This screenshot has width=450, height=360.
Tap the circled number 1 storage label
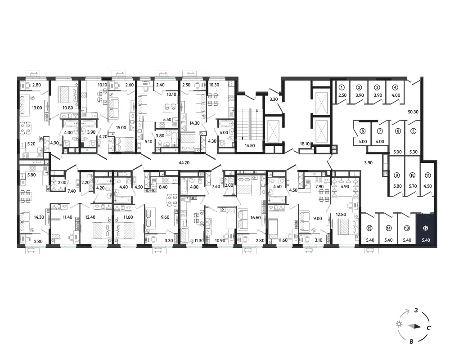point(342,88)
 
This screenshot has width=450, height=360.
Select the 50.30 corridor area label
point(413,112)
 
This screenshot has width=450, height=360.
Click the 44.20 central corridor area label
point(184,162)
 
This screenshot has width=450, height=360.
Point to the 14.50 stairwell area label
point(250,145)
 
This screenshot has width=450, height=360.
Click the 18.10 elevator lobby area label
point(305,144)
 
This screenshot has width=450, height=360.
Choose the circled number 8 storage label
point(363,131)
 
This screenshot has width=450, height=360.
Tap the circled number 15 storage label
point(369,228)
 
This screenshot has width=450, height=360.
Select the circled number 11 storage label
point(427,175)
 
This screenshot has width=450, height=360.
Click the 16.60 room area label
point(256,218)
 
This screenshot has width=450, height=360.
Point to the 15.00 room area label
point(121,127)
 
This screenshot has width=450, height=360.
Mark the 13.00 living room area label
point(37,108)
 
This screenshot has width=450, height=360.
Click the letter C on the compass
point(428,328)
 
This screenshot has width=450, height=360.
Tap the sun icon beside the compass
point(399,324)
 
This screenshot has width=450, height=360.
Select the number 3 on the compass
point(416,310)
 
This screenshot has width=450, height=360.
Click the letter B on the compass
point(412,342)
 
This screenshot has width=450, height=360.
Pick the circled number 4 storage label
point(396,88)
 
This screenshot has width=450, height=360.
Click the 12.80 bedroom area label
point(341,214)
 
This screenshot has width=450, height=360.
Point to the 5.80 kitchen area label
point(31,175)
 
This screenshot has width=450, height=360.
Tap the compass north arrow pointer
point(415,326)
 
